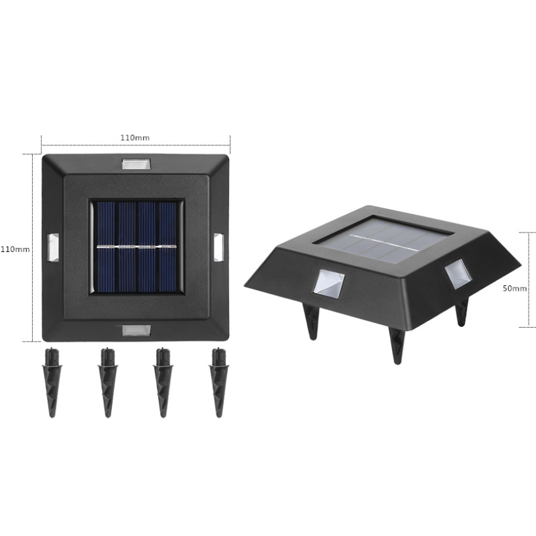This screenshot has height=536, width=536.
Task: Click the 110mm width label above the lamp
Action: [x=135, y=137]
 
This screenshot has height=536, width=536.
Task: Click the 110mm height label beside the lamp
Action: [x=15, y=249]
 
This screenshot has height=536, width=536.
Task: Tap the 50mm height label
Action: [x=515, y=288]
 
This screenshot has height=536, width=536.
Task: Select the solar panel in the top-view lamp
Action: [x=136, y=247]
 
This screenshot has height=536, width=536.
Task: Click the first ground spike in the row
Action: [x=51, y=382]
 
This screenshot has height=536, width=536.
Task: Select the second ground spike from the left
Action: [x=107, y=382]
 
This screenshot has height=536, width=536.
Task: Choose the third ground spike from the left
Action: [x=161, y=382]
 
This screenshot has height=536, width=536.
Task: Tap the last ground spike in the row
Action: [x=216, y=382]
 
